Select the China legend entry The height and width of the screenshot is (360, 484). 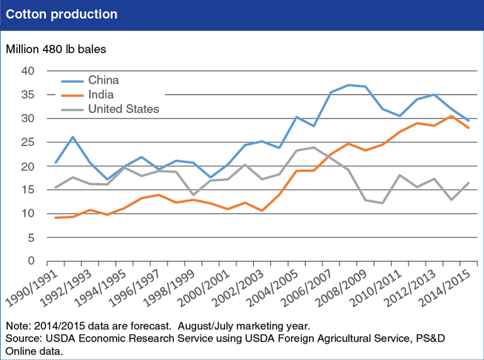103,80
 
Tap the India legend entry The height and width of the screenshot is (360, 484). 101,95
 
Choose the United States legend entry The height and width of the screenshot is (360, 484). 124,109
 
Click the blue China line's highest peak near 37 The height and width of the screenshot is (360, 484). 348,84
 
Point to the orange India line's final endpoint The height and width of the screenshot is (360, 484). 468,128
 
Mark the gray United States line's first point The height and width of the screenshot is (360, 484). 55,187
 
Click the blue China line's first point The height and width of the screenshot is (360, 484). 55,163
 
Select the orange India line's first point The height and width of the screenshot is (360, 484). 55,218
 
